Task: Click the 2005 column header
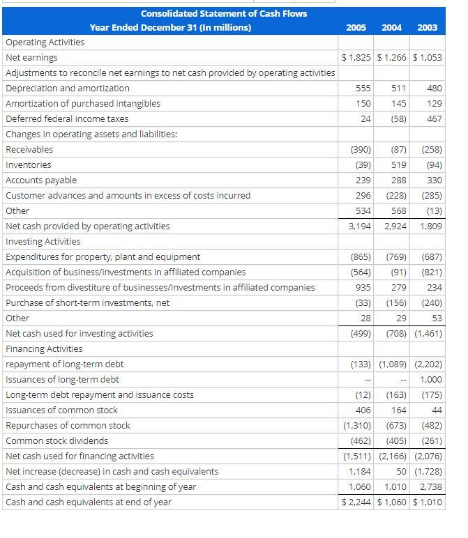click(x=357, y=27)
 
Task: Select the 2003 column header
click(x=427, y=27)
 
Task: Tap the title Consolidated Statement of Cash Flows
click(x=223, y=13)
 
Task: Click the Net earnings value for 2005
click(x=356, y=58)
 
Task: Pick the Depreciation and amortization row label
click(x=68, y=89)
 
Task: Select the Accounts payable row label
click(x=41, y=180)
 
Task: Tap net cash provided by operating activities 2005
click(x=358, y=226)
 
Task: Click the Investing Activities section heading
click(x=43, y=242)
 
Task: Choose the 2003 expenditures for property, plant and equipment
click(x=428, y=257)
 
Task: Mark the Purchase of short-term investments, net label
click(x=88, y=303)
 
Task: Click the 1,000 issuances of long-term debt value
click(x=430, y=380)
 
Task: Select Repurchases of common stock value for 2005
click(x=356, y=426)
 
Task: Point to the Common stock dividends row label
click(x=57, y=441)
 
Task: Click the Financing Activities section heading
click(x=44, y=349)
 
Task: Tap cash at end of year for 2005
click(x=356, y=502)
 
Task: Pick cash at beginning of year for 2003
click(x=430, y=487)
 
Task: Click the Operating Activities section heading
click(x=45, y=43)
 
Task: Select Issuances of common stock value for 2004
click(x=396, y=410)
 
